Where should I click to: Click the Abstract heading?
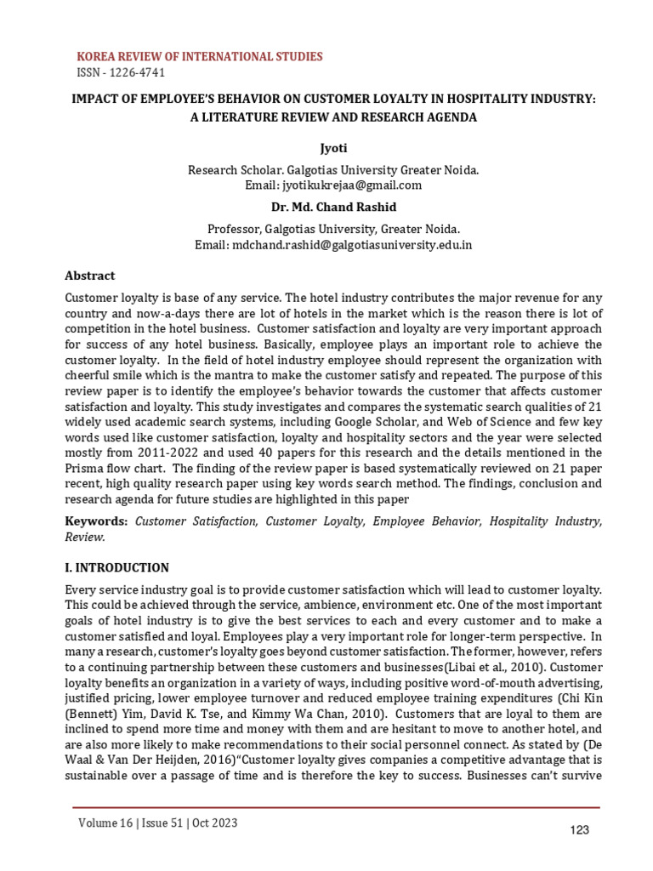click(x=90, y=276)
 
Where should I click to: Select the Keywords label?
click(x=97, y=521)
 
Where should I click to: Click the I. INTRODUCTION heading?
click(x=117, y=567)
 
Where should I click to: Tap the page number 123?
click(x=579, y=829)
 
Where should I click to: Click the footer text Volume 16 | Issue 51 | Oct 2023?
click(x=158, y=823)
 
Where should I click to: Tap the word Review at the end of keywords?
click(x=85, y=537)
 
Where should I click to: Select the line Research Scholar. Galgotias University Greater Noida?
click(x=332, y=169)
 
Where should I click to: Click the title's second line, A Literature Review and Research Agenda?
click(x=332, y=117)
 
